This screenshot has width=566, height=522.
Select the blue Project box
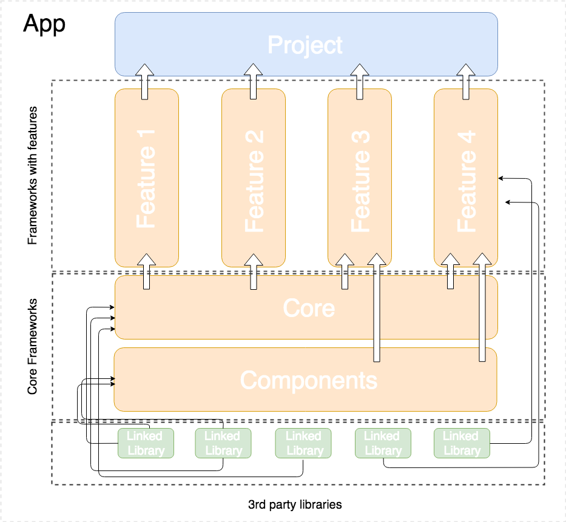306,45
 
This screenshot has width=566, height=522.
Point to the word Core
308,308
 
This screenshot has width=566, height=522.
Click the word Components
308,380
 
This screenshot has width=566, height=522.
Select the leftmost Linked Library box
145,443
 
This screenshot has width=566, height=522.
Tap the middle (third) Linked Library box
303,443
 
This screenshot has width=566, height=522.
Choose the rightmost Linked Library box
461,443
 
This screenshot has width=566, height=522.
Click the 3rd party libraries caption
295,504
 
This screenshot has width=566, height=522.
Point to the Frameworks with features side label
33,176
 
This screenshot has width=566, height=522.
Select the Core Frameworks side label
33,346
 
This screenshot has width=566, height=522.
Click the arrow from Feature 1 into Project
145,81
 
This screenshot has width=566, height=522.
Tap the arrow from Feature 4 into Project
466,81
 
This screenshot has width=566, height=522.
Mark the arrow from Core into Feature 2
252,271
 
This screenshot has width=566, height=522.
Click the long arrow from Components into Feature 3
376,309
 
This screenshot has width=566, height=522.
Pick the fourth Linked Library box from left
382,443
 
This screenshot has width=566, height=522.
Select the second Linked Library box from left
223,443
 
